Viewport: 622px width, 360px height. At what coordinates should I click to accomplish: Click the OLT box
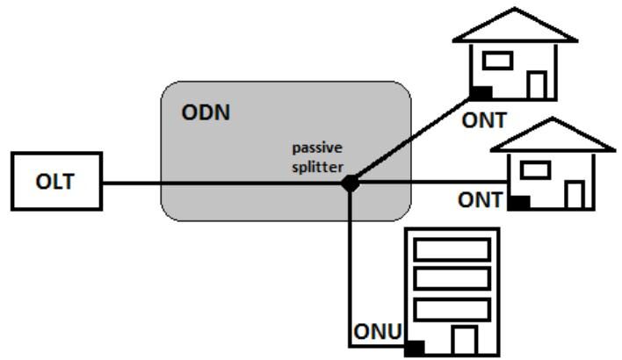54,184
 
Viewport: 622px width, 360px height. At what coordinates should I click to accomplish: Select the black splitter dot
350,184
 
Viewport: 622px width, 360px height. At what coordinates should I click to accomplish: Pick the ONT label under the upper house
486,120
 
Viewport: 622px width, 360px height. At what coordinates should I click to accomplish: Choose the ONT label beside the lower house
480,201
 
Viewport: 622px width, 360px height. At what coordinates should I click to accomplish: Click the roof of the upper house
514,27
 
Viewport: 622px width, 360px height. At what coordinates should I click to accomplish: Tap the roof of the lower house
552,135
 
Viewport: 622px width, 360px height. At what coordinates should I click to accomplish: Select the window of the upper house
499,61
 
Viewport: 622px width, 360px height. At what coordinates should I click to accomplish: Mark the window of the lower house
536,169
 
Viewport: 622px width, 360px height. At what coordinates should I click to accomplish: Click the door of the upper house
537,84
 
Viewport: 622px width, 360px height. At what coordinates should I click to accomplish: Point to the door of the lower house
575,194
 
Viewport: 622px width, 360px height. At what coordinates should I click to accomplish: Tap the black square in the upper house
480,91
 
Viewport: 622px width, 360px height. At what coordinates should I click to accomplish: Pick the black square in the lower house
518,202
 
